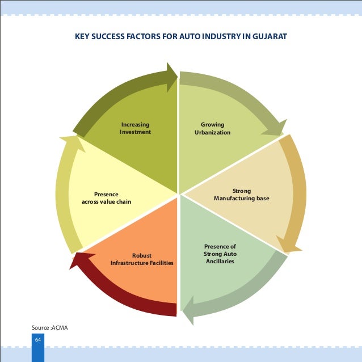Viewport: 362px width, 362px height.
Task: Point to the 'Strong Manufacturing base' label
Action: click(x=241, y=195)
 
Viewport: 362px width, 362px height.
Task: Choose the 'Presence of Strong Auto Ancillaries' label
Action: click(x=220, y=254)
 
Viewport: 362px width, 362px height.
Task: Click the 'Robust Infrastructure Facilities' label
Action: click(x=142, y=259)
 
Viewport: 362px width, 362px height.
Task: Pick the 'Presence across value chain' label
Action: click(x=106, y=197)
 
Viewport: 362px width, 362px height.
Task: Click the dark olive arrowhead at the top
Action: click(x=171, y=73)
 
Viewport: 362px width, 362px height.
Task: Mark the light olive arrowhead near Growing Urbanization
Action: click(x=274, y=128)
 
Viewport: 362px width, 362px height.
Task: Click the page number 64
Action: click(x=38, y=339)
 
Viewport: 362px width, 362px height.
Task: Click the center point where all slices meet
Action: click(x=179, y=194)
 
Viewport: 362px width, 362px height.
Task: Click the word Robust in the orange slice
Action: click(x=142, y=255)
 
